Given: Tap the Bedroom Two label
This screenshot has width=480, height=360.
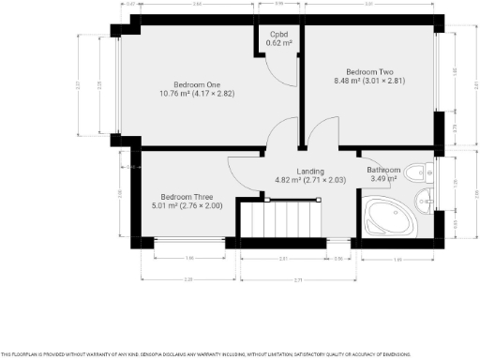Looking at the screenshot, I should [x=368, y=72].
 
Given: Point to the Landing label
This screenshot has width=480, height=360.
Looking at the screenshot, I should [x=310, y=171].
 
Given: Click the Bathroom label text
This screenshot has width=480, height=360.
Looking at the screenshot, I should [x=384, y=170].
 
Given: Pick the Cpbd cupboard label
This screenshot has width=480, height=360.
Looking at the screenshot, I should [x=278, y=35].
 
